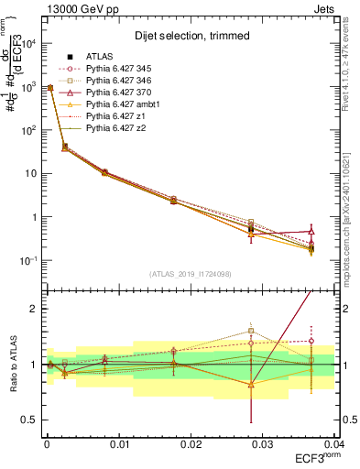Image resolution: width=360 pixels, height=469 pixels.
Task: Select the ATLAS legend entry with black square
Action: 101,57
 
